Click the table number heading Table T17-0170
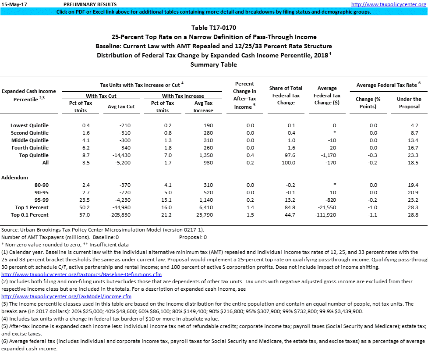pyautogui.click(x=213, y=28)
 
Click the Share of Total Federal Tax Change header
pyautogui.click(x=286, y=95)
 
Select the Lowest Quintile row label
pyautogui.click(x=29, y=125)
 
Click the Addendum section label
pyautogui.click(x=15, y=178)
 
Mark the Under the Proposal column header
pyautogui.click(x=409, y=103)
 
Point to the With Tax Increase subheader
pyautogui.click(x=183, y=96)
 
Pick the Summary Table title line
pyautogui.click(x=213, y=64)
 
